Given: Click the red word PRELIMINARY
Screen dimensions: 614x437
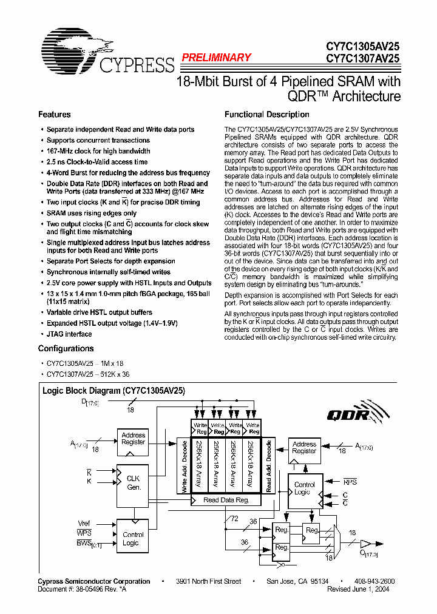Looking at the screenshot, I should [x=216, y=58].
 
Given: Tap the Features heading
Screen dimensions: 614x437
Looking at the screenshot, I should [x=54, y=115].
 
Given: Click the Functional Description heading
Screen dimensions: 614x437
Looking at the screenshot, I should [x=266, y=115].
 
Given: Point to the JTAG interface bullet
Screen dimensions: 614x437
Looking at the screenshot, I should [x=69, y=334].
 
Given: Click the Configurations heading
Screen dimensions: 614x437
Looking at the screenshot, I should [x=66, y=349].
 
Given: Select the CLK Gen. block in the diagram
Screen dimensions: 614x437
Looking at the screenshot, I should [x=134, y=483].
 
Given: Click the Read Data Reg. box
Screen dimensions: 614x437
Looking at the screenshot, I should [x=226, y=500].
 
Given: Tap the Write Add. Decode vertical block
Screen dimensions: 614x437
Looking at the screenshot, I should [x=184, y=467].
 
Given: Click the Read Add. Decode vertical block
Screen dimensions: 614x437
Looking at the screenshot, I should [x=268, y=467].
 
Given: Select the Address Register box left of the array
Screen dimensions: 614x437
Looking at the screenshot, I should [x=133, y=439].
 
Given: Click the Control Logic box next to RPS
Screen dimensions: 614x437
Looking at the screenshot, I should [x=304, y=488].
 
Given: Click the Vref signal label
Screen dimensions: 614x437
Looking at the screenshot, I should [x=84, y=523].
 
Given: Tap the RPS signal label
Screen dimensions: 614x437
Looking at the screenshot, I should [x=350, y=482].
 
